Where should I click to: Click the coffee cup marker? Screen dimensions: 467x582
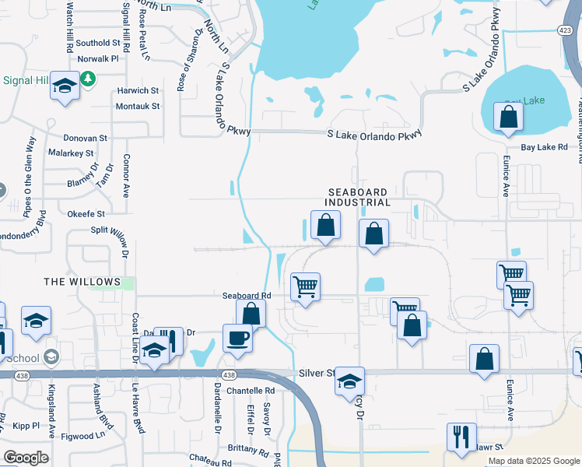(237, 339)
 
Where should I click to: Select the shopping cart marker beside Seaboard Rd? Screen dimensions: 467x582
(305, 286)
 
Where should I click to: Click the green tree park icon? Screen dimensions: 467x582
(89, 79)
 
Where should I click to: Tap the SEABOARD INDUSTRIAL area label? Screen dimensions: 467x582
(358, 197)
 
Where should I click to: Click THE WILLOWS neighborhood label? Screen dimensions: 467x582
(82, 282)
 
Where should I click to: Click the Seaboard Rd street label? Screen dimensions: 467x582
(246, 296)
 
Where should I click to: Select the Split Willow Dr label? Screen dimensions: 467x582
(117, 230)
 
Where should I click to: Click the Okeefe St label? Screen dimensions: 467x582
(86, 212)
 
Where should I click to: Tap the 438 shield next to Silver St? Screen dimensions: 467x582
(228, 374)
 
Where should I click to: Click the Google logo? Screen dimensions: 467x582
(25, 457)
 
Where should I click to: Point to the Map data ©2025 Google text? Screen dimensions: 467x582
(533, 461)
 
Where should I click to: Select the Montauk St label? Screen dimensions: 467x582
(137, 106)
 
